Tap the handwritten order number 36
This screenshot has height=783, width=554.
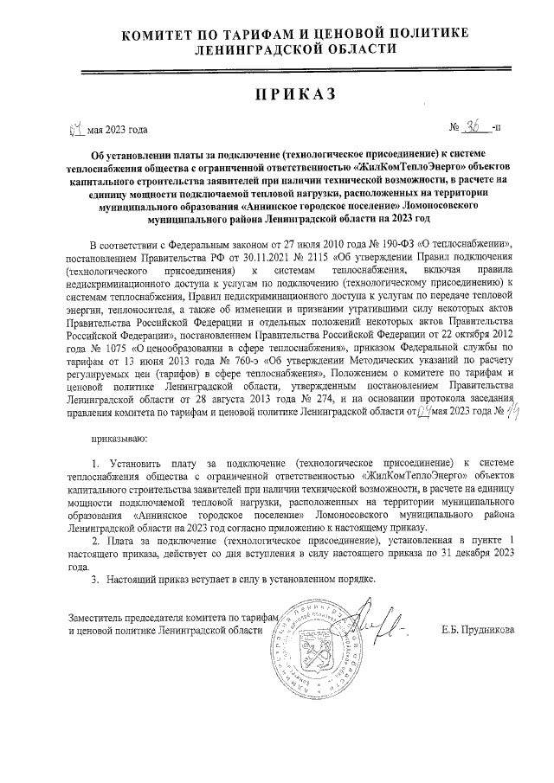pos(473,128)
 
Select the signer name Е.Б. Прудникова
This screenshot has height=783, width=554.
pos(477,630)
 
